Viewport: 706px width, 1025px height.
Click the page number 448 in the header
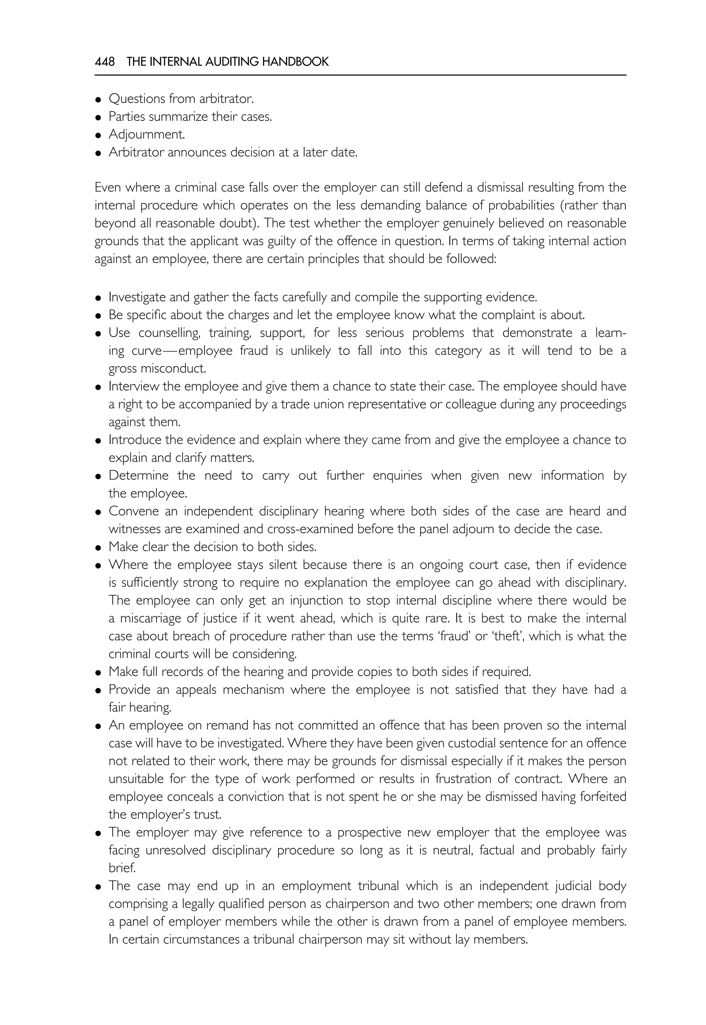pyautogui.click(x=104, y=61)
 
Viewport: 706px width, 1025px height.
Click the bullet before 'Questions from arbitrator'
pyautogui.click(x=98, y=100)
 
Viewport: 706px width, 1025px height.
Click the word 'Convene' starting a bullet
pyautogui.click(x=134, y=511)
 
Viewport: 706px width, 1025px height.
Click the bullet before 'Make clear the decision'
pyautogui.click(x=98, y=548)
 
